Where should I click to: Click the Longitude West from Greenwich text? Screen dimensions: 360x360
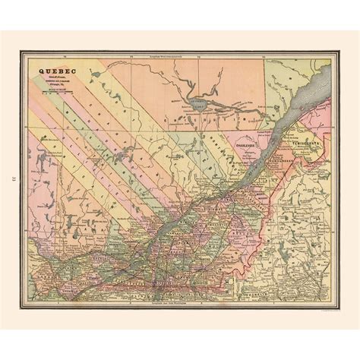pyautogui.click(x=177, y=58)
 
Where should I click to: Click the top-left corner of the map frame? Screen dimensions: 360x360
pyautogui.click(x=22, y=56)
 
